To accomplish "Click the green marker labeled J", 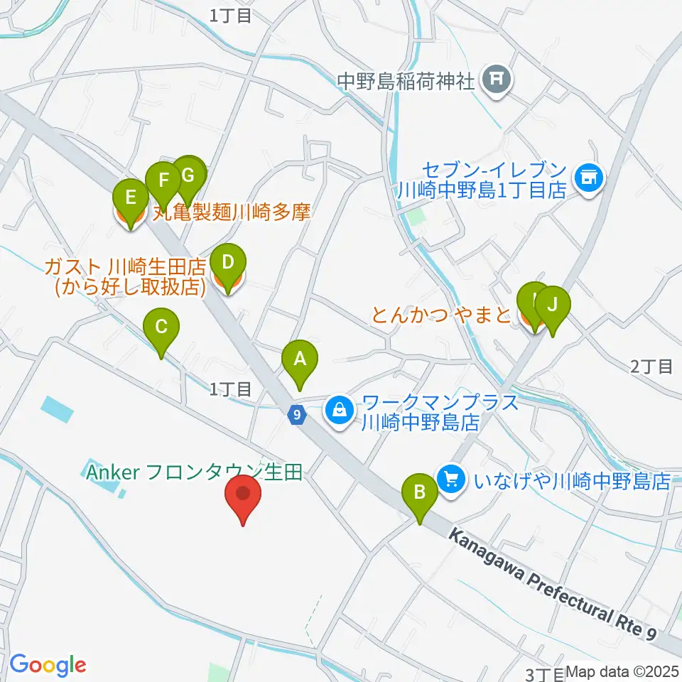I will (x=553, y=305).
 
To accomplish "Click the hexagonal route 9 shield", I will (x=297, y=413).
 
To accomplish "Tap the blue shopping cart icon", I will (x=450, y=477).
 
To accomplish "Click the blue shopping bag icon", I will (x=340, y=410).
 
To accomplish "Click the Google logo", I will (x=48, y=665).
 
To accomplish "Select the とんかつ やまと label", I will (x=441, y=314).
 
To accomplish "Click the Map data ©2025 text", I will (x=622, y=671).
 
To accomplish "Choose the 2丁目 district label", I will (x=651, y=367).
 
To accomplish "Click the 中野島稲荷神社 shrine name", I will (x=405, y=80).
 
